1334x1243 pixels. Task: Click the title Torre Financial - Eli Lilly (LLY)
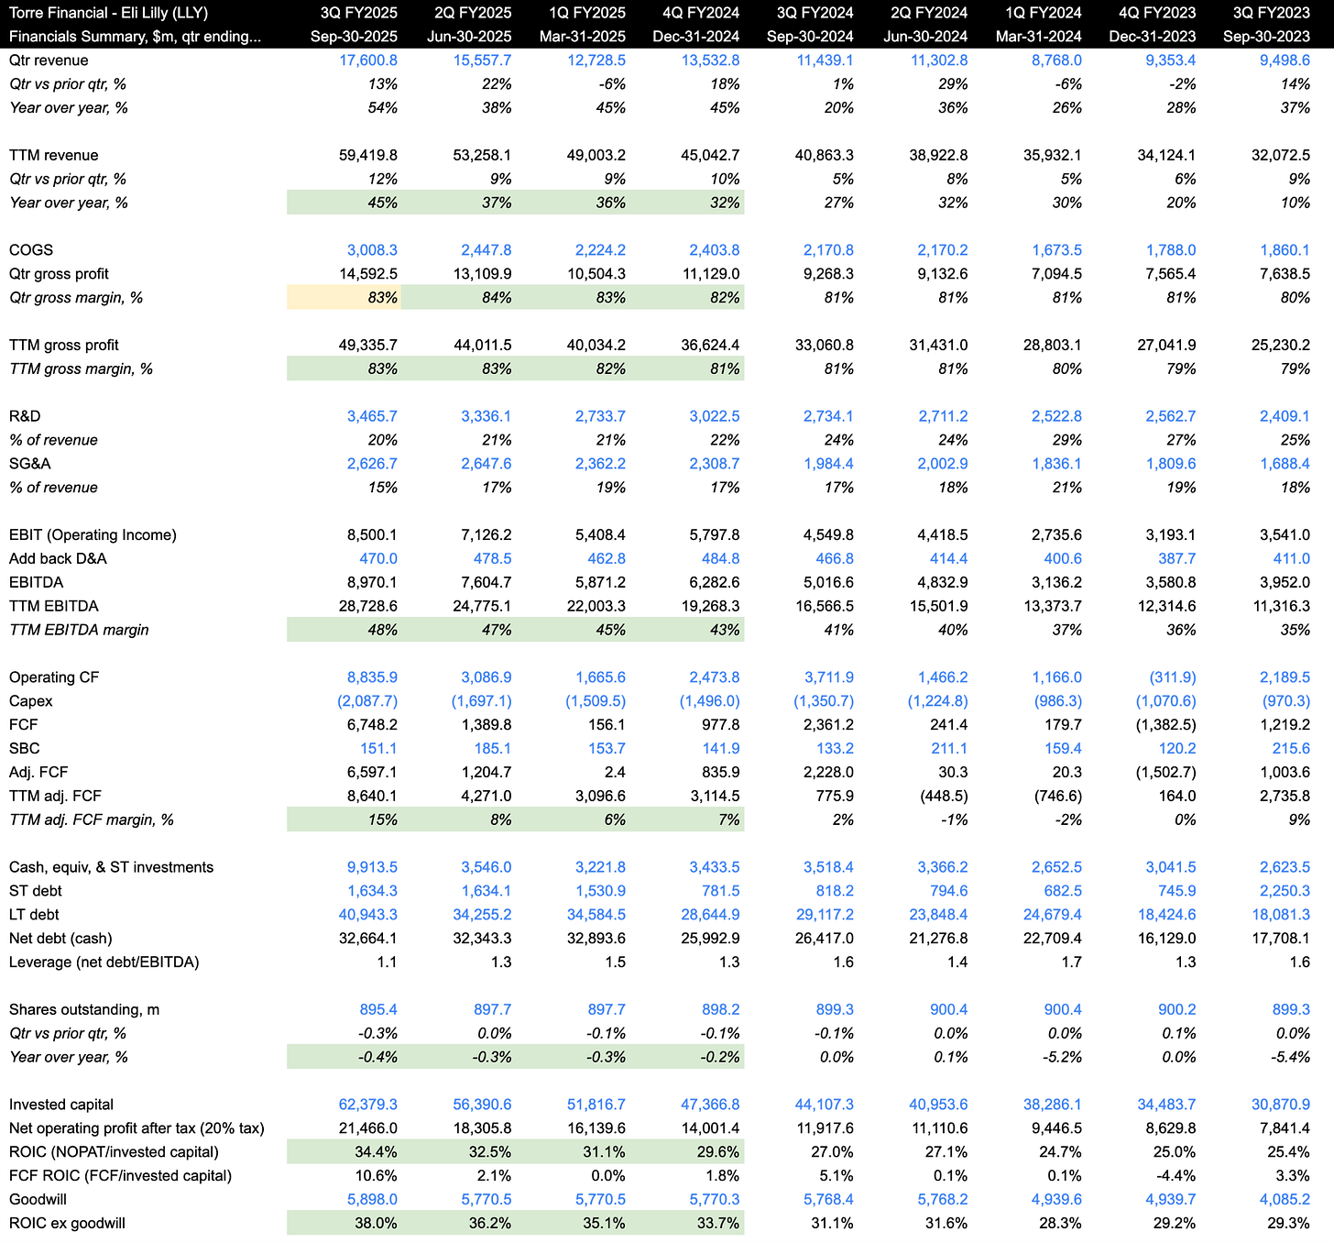tap(108, 13)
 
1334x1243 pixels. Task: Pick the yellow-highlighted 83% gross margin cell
tap(344, 298)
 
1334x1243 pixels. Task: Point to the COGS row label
tap(31, 250)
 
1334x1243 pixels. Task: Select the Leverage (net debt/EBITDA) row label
tap(104, 962)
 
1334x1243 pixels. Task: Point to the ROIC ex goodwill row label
tap(67, 1223)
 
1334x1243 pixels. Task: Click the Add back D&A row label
tap(58, 559)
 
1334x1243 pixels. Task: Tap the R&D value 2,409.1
tap(1284, 416)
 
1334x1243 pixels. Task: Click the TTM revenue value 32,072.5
tap(1280, 156)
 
